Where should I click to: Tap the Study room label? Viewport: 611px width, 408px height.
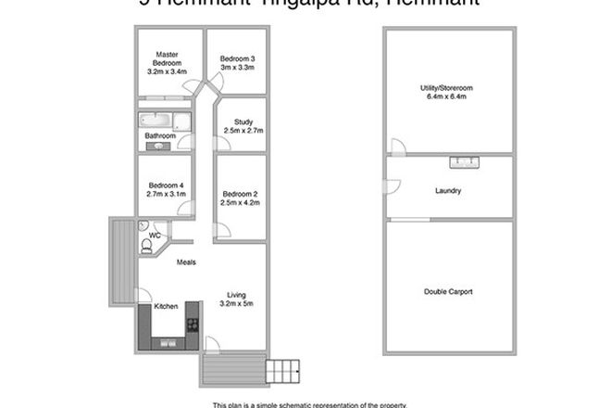coord(243,121)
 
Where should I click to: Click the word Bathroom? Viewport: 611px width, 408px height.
coord(160,136)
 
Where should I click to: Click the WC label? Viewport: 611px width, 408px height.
coord(156,236)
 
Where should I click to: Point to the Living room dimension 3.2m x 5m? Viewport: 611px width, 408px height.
coord(236,303)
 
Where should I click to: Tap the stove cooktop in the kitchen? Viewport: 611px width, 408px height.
coord(193,325)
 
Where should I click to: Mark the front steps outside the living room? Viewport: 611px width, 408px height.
coord(283,370)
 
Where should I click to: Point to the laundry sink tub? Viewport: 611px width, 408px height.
coord(464,162)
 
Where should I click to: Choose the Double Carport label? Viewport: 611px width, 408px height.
coord(448,291)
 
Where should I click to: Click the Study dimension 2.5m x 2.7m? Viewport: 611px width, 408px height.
coord(243,130)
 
